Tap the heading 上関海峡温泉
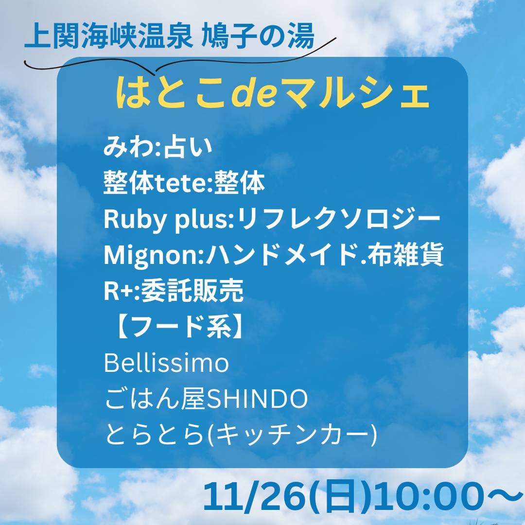[108, 35]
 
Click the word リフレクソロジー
[339, 219]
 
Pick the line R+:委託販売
[174, 291]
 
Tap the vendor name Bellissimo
[166, 363]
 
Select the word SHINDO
[256, 399]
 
